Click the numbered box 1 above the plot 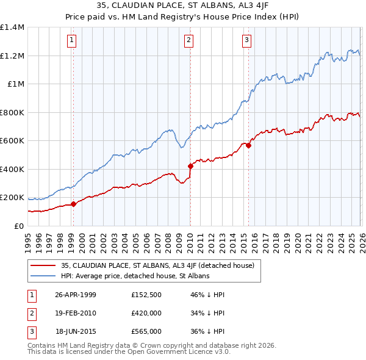(x=72, y=41)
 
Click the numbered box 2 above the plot (x=188, y=41)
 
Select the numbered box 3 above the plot (x=246, y=41)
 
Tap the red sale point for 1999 (x=74, y=204)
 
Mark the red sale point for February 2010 (x=190, y=166)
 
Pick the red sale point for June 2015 (x=248, y=146)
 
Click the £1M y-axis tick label (x=15, y=84)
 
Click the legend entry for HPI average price (x=135, y=276)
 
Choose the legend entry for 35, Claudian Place (x=161, y=265)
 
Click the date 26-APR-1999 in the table (x=76, y=295)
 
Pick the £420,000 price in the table (x=146, y=313)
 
